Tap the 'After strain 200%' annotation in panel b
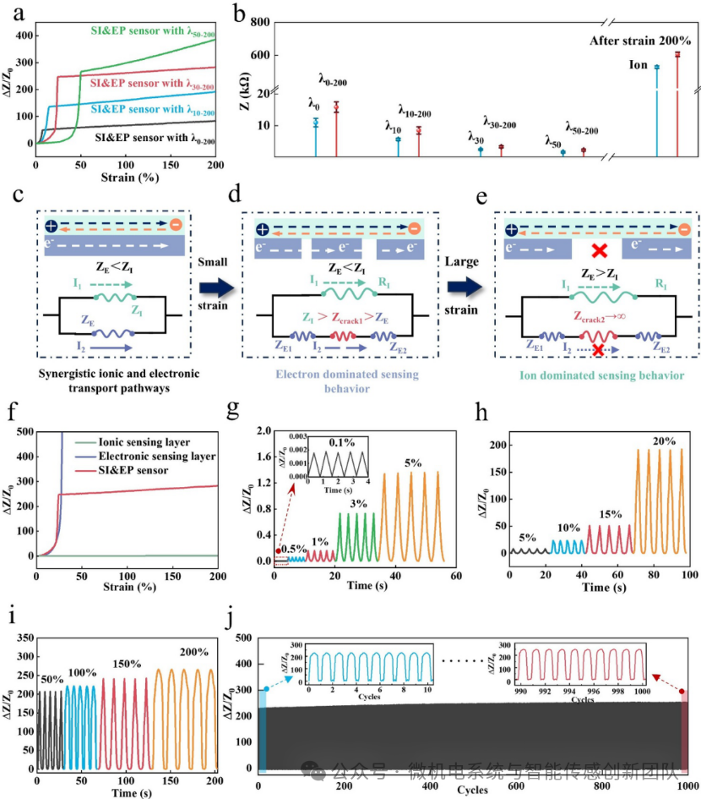[639, 40]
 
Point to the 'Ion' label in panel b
[639, 65]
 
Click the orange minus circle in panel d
[413, 228]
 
